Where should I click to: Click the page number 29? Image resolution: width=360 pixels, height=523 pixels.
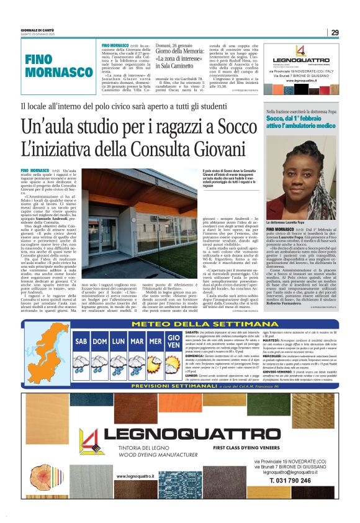pyautogui.click(x=335, y=32)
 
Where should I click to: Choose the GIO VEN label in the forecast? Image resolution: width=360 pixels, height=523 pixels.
pyautogui.click(x=174, y=341)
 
